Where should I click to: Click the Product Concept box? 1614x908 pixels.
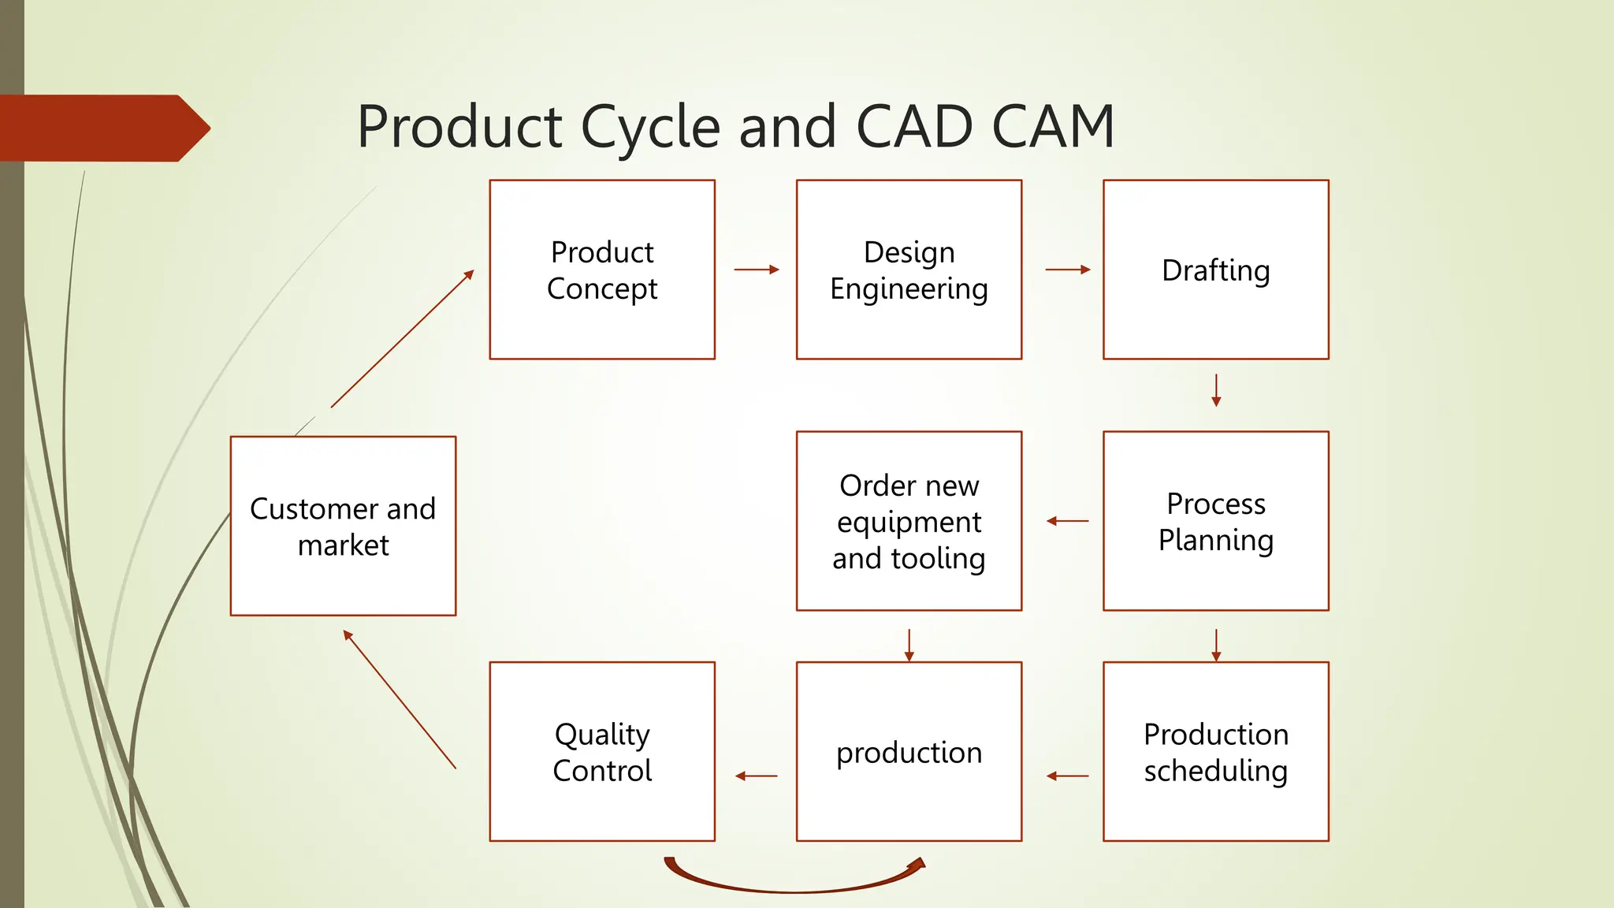[602, 270]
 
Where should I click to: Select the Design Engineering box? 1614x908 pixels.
[909, 270]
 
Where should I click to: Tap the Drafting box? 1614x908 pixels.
[1215, 270]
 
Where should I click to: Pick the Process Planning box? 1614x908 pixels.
[1215, 521]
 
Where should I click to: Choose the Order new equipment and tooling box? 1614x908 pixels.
[909, 521]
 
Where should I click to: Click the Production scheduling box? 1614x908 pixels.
[1215, 752]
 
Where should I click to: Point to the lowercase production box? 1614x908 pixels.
[909, 752]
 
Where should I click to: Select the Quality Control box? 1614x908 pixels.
[602, 752]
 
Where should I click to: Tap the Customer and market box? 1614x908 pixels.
[343, 526]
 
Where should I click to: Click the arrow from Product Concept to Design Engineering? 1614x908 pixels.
[757, 270]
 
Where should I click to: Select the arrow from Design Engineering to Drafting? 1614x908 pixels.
[1068, 270]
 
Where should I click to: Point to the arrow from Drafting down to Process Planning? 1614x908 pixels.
[1216, 390]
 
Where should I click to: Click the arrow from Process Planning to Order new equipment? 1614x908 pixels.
[1068, 521]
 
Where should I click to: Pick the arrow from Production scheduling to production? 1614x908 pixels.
[1068, 776]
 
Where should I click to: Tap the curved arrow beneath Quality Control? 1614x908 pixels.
[794, 889]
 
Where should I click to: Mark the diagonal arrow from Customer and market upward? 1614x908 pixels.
[402, 339]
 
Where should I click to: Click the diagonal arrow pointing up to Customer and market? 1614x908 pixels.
[400, 699]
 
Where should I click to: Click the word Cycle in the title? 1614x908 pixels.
[650, 128]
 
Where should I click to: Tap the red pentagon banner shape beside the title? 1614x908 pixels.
[102, 128]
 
